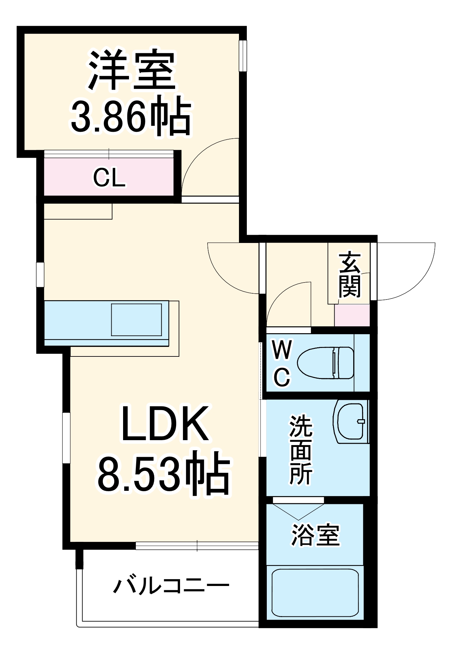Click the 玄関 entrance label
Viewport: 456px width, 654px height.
click(350, 275)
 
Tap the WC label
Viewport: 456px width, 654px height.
click(282, 363)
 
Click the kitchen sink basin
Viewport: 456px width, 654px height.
click(136, 319)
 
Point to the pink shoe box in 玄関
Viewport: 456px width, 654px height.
click(352, 315)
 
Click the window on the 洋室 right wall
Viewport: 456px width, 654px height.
click(243, 55)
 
